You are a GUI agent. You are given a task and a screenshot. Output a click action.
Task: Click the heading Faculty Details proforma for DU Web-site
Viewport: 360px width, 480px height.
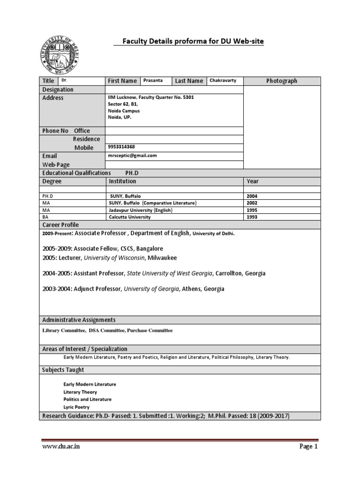(193, 42)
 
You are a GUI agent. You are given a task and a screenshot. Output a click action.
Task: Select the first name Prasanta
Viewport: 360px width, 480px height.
(153, 81)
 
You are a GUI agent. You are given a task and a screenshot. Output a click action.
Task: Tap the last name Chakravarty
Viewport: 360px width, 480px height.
(223, 81)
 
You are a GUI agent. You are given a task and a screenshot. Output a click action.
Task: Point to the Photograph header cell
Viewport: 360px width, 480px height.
(282, 81)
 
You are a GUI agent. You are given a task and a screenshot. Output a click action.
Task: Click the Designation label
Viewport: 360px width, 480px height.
(58, 90)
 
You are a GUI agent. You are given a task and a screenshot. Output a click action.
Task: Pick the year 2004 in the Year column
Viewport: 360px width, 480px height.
(252, 196)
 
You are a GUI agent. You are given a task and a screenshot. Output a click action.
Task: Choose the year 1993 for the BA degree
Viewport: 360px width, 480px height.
(252, 217)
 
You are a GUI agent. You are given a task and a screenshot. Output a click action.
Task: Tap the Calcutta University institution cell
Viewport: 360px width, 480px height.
(130, 217)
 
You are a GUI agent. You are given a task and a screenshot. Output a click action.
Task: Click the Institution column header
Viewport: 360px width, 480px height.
(122, 181)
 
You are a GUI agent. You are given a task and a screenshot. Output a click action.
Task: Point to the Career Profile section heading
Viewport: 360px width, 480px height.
(61, 225)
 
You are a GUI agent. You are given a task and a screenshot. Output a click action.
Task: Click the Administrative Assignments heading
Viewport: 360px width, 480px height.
(79, 320)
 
